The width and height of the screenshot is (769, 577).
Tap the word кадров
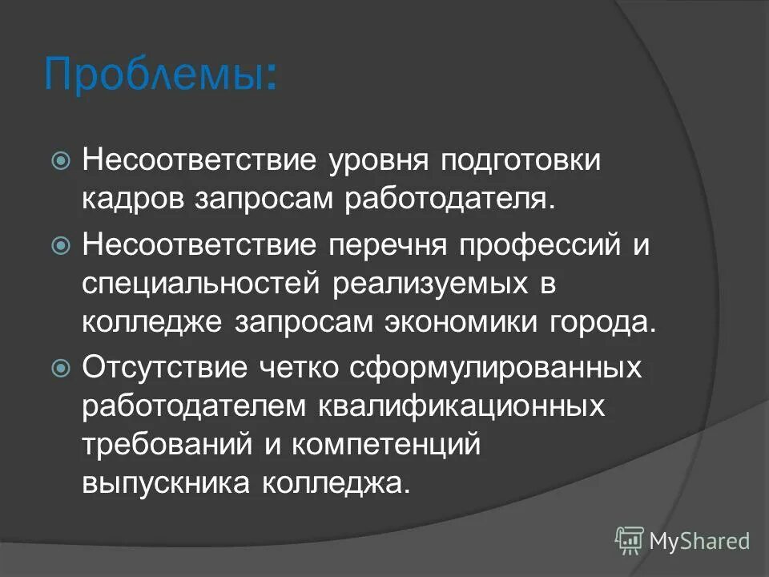[x=131, y=200]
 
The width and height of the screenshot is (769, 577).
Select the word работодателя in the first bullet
[x=449, y=200]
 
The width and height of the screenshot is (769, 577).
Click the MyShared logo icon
[x=629, y=541]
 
